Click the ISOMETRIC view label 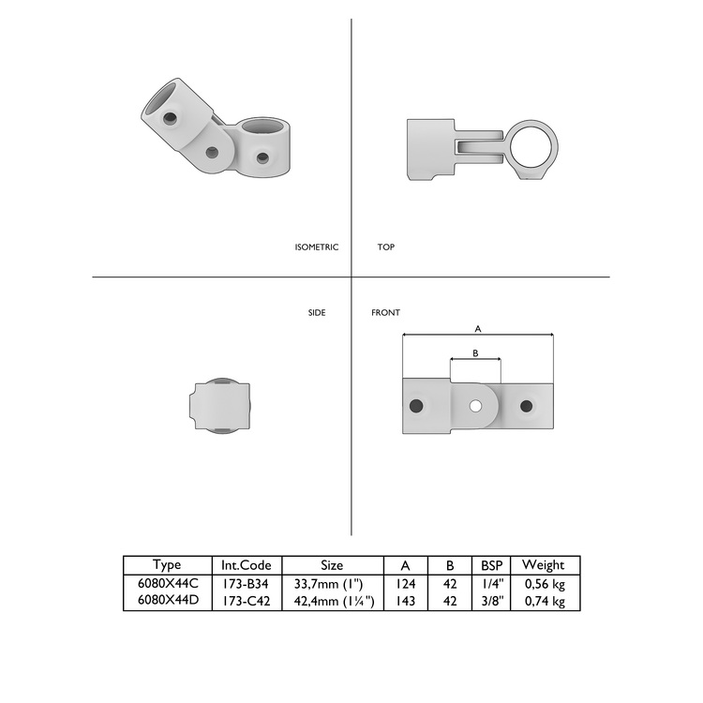pyautogui.click(x=317, y=247)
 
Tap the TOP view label pyautogui.click(x=386, y=247)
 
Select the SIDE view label pyautogui.click(x=317, y=312)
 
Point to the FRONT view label pyautogui.click(x=385, y=312)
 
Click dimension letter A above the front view pyautogui.click(x=478, y=329)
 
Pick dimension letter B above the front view pyautogui.click(x=475, y=353)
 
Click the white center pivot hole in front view pyautogui.click(x=475, y=406)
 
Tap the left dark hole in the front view pyautogui.click(x=416, y=406)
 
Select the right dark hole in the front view pyautogui.click(x=527, y=406)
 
